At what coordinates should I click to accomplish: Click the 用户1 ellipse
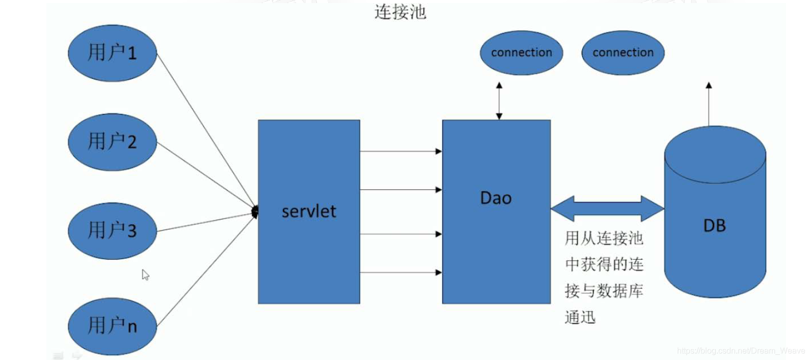coord(112,53)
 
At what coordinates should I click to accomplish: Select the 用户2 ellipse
coord(112,142)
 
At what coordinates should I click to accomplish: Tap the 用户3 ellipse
coord(112,231)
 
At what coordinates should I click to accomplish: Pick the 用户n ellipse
coord(112,326)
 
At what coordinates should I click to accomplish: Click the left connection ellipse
coord(521,52)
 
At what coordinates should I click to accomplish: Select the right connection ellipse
coord(623,52)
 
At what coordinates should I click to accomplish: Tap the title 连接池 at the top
coord(400,12)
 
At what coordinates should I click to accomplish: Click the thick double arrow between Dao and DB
coord(607,208)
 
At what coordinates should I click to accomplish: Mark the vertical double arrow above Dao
coord(499,101)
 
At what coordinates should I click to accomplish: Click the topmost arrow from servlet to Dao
coord(400,151)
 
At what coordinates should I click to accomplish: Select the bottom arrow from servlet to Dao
coord(400,272)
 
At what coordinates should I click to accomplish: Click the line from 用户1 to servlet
coord(204,130)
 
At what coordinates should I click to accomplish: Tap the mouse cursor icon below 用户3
coord(145,275)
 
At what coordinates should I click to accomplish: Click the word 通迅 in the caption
coord(580,317)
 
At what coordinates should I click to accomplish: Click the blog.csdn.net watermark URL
coord(741,351)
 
